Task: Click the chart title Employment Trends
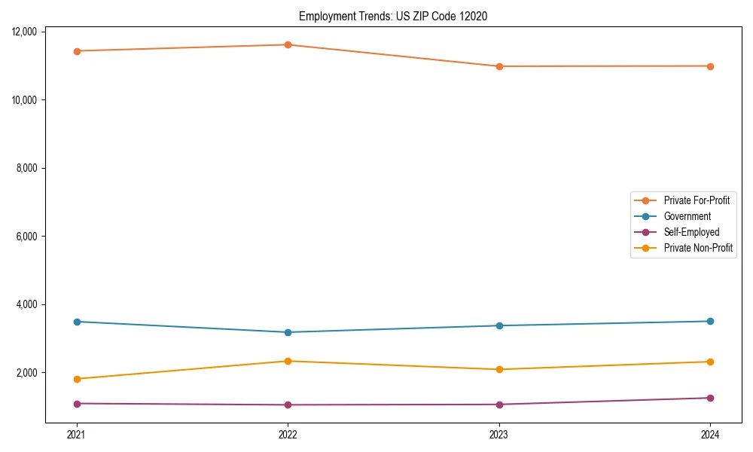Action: pyautogui.click(x=393, y=16)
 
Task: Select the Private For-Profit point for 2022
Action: pyautogui.click(x=288, y=44)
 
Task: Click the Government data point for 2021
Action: pyautogui.click(x=77, y=322)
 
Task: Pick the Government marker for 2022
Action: pyautogui.click(x=288, y=332)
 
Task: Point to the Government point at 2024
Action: pyautogui.click(x=710, y=321)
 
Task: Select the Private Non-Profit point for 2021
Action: pyautogui.click(x=77, y=379)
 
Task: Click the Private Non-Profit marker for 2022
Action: pyautogui.click(x=288, y=361)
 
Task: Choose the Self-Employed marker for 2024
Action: pyautogui.click(x=710, y=398)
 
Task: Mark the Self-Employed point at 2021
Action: pyautogui.click(x=77, y=404)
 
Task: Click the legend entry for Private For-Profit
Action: pyautogui.click(x=696, y=200)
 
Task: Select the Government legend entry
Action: pyautogui.click(x=687, y=216)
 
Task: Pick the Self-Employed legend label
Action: pyautogui.click(x=691, y=232)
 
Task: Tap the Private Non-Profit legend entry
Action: pyautogui.click(x=698, y=248)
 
